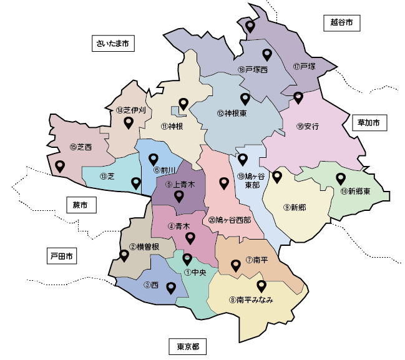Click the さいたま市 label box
pos(113,44)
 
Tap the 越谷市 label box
pos(342,23)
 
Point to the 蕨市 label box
pos(81,205)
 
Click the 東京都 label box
pos(187,347)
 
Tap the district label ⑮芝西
pos(81,147)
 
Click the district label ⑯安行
pos(308,127)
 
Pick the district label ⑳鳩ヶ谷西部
pos(229,220)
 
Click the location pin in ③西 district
pos(170,288)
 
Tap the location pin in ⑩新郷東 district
pos(340,178)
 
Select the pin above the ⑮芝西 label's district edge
pos(60,166)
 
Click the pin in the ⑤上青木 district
pos(179,197)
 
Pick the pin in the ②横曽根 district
pos(124,255)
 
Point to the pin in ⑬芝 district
pos(135,183)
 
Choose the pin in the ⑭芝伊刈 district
pos(129,122)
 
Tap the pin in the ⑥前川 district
pos(154,158)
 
